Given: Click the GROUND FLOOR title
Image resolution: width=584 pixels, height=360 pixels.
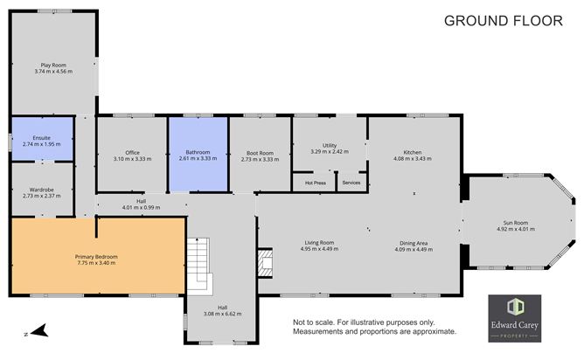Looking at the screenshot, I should click(504, 21).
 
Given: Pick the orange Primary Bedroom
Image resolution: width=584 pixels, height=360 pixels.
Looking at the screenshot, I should click(96, 258).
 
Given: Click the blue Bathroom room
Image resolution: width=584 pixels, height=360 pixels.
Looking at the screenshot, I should click(198, 156).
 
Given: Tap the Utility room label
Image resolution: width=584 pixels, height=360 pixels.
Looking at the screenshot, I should click(329, 149).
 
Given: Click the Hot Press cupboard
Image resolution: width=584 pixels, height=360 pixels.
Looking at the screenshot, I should click(315, 183).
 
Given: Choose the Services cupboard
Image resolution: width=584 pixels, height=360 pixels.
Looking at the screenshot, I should click(351, 183).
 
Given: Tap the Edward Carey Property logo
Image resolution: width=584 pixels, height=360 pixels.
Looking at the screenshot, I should click(514, 318).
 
